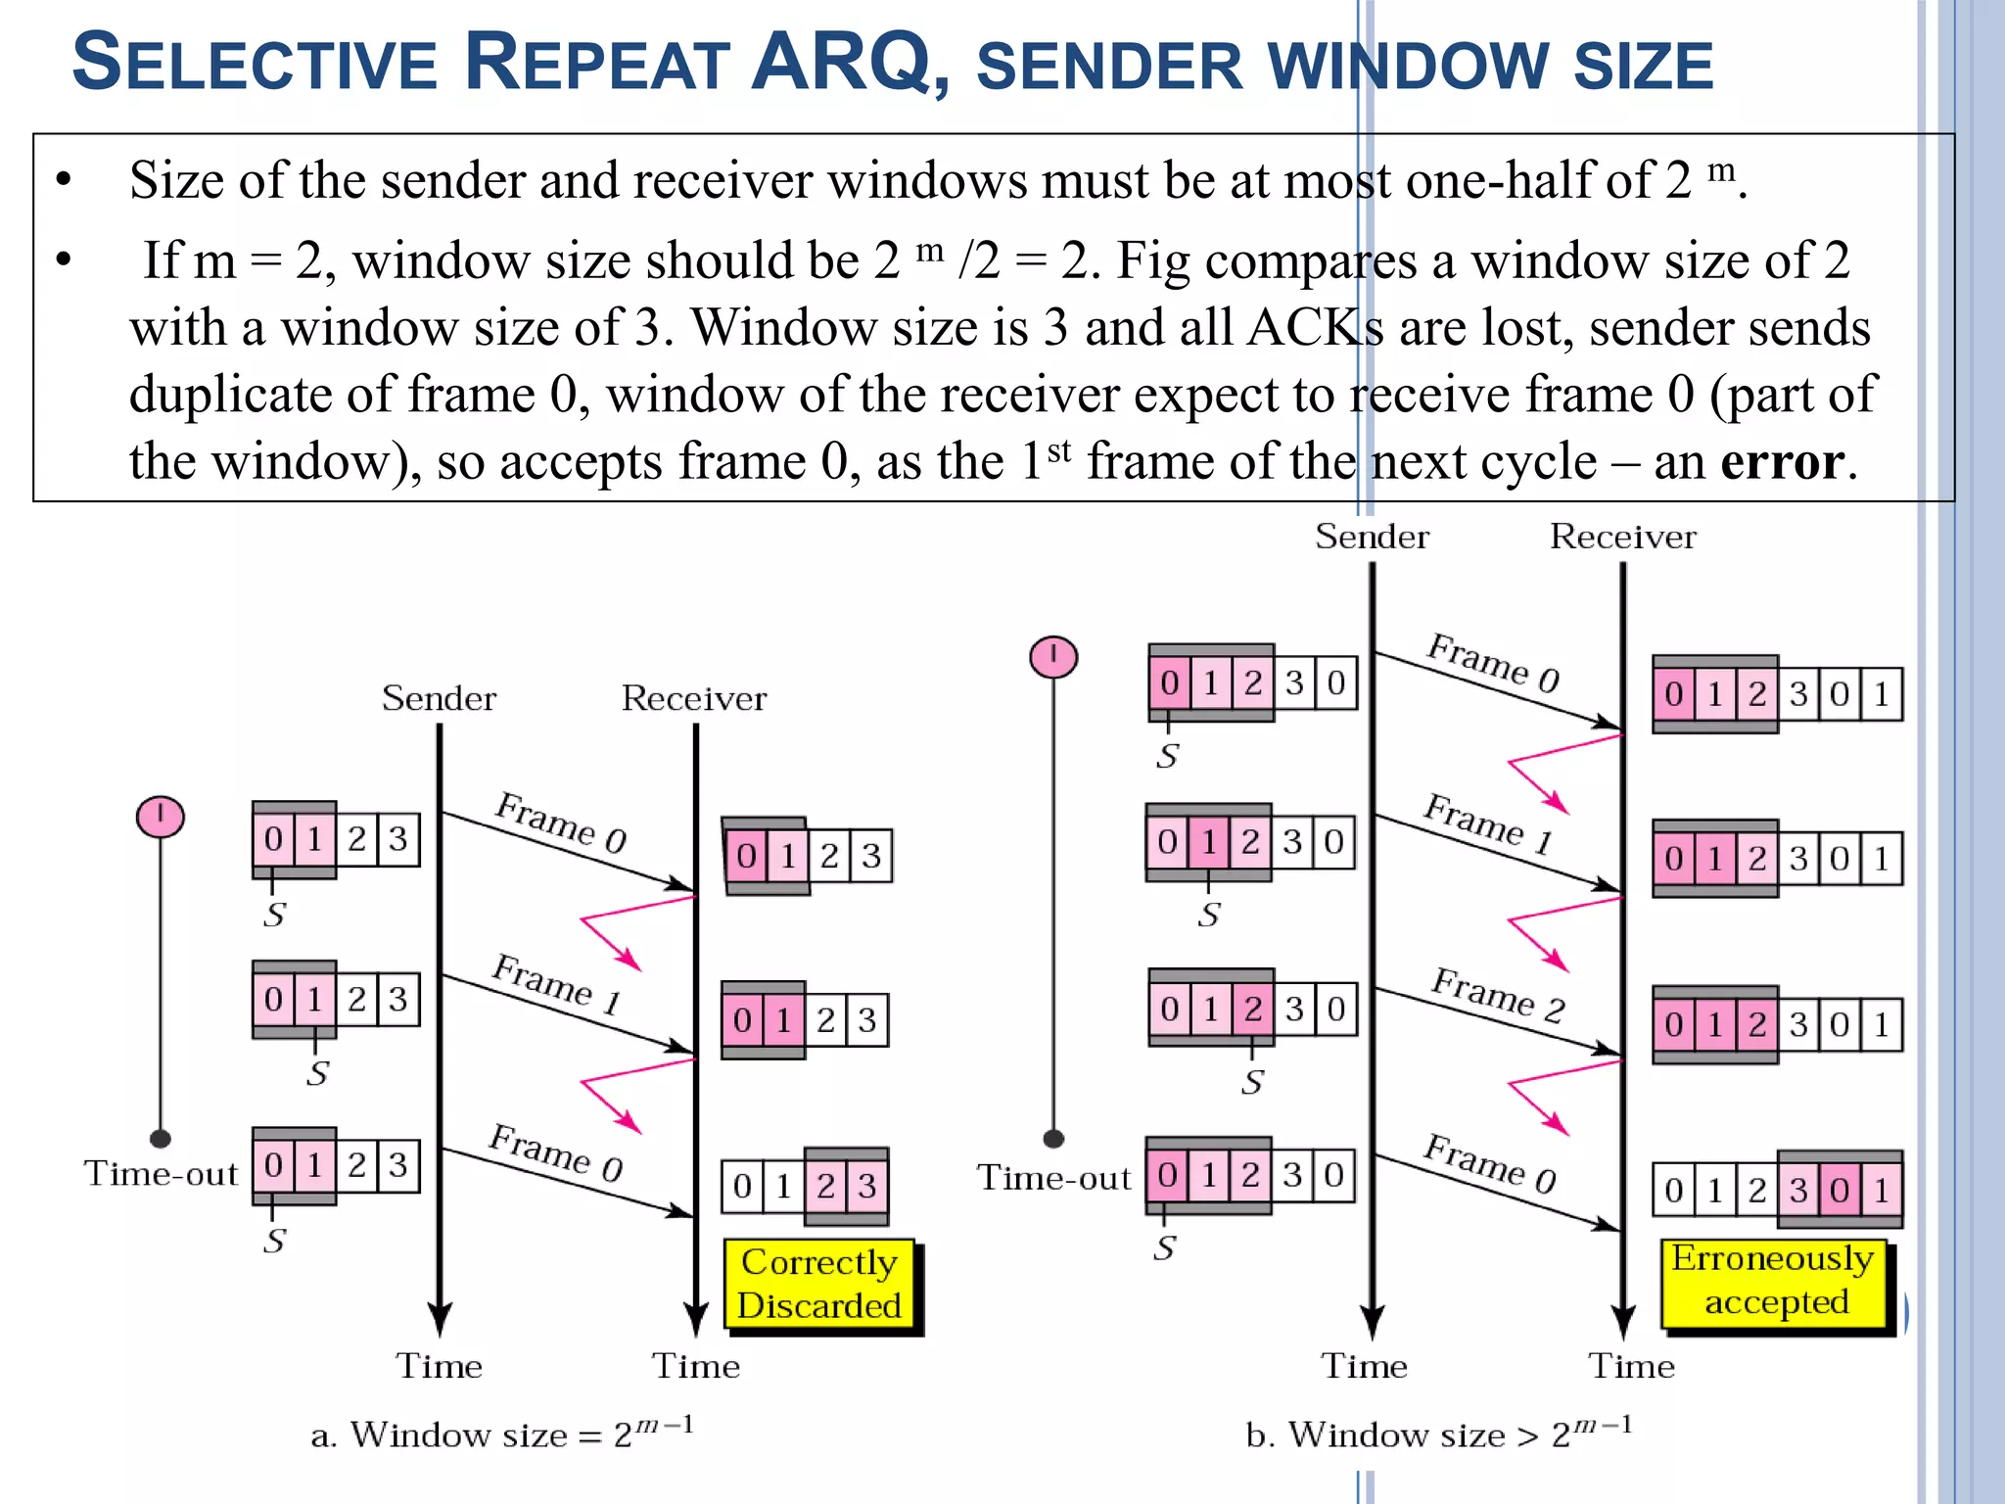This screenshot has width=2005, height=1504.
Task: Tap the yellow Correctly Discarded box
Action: click(x=819, y=1284)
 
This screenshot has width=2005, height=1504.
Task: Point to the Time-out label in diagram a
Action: click(x=161, y=1173)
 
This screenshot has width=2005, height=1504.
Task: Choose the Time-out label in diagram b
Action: click(x=1053, y=1177)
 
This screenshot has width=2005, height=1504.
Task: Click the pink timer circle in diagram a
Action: click(x=161, y=817)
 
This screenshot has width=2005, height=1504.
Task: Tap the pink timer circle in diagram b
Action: click(x=1053, y=656)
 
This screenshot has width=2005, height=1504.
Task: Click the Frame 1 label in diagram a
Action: click(x=556, y=983)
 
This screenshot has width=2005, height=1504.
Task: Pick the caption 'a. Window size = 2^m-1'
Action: click(x=502, y=1433)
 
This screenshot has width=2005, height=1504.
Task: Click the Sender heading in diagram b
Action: click(x=1372, y=537)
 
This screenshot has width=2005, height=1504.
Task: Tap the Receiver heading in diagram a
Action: click(x=694, y=698)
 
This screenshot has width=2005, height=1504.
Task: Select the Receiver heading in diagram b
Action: click(x=1622, y=537)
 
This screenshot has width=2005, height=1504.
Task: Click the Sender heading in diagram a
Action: click(x=439, y=698)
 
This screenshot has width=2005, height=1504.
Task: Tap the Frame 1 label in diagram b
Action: click(x=1487, y=824)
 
